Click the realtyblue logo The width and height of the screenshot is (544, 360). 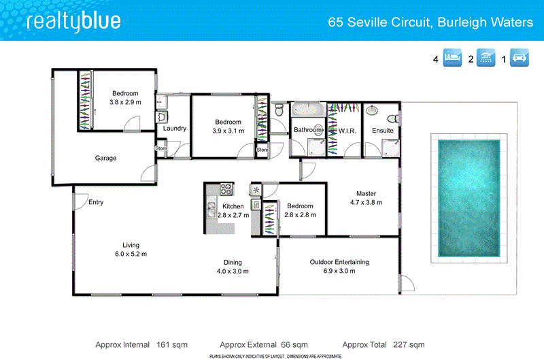tap(73, 21)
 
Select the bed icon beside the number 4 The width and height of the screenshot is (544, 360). tap(452, 59)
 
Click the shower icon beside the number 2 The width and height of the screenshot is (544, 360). tap(486, 59)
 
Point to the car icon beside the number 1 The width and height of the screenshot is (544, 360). tap(520, 59)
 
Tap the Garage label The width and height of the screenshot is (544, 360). tap(105, 158)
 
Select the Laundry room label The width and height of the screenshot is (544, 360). tap(175, 128)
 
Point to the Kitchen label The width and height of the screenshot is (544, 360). tap(233, 206)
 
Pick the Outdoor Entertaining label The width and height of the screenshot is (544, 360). tap(339, 262)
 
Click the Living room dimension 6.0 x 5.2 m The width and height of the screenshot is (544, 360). tap(130, 254)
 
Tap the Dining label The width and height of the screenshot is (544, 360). tap(233, 262)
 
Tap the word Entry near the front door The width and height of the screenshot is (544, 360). tap(96, 201)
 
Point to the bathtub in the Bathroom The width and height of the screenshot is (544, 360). tap(308, 110)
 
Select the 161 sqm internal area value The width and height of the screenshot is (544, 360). tap(171, 344)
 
